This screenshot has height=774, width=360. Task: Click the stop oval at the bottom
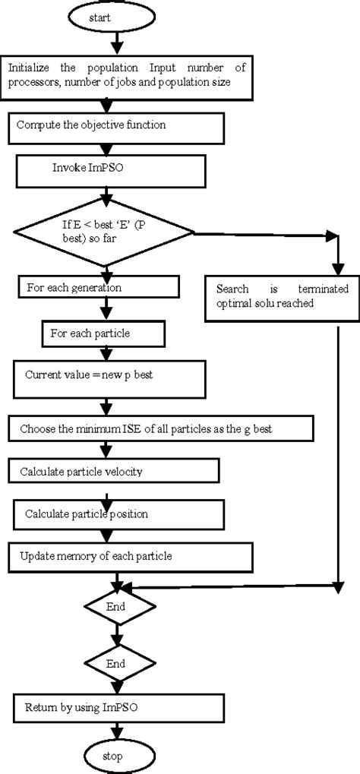point(116,756)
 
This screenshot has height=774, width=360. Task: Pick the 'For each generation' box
point(97,287)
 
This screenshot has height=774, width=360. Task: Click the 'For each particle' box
point(101,332)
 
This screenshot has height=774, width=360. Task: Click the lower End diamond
point(115,662)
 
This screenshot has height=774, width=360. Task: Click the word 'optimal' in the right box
point(235,302)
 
